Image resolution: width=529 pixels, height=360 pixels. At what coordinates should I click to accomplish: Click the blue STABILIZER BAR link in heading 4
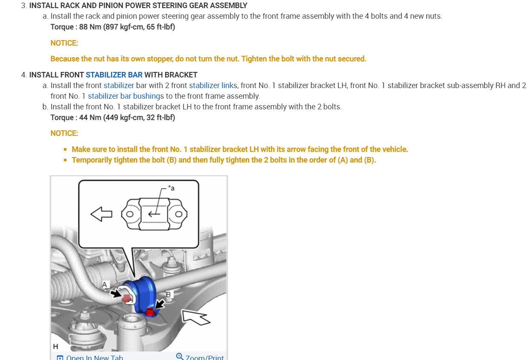[x=114, y=75]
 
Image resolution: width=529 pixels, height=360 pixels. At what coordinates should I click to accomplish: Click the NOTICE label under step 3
[x=64, y=43]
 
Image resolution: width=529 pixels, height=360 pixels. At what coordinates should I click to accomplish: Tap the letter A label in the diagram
[x=105, y=284]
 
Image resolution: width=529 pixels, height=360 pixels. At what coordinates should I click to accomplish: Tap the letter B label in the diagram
[x=168, y=294]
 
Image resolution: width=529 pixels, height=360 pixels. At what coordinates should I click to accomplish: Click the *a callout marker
[x=171, y=188]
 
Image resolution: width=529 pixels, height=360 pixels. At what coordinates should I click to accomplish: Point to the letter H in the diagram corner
[x=55, y=346]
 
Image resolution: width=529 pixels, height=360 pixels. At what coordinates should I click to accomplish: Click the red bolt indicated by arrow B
[x=149, y=313]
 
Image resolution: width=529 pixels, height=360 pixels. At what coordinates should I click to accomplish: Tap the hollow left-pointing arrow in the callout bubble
[x=101, y=214]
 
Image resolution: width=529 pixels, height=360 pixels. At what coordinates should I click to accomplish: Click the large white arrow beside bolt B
[x=195, y=317]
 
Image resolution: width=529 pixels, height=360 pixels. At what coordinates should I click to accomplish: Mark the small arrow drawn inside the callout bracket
[x=154, y=214]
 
